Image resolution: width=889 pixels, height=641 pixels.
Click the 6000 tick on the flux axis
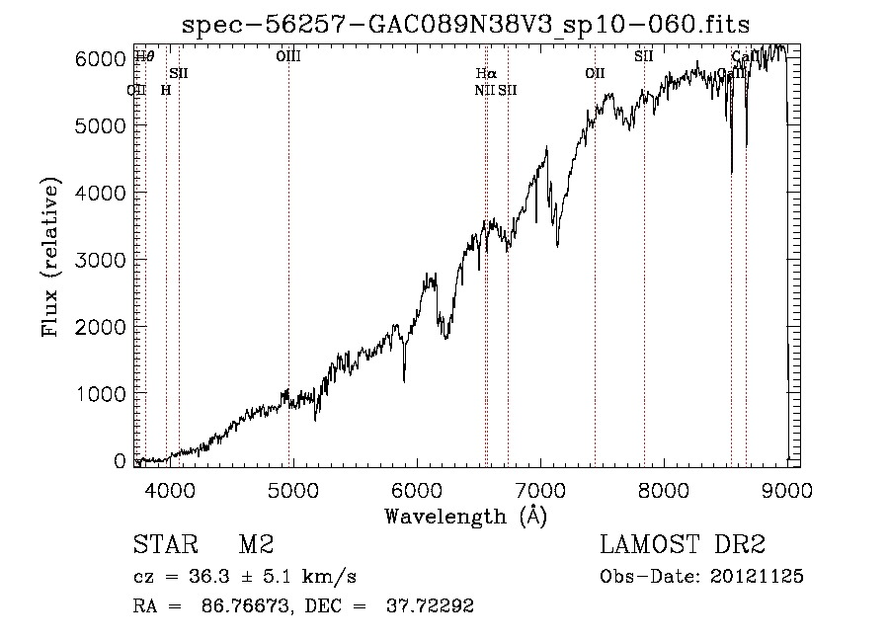[x=102, y=59]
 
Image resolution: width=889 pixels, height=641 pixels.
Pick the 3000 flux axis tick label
[x=102, y=260]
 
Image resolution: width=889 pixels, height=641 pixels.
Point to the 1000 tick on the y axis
[x=102, y=394]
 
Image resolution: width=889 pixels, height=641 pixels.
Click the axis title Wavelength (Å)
[x=465, y=515]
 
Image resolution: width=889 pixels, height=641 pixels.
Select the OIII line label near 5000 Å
[x=288, y=56]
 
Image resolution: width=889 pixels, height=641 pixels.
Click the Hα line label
[x=485, y=73]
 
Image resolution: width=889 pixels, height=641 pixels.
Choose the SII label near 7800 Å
[x=644, y=56]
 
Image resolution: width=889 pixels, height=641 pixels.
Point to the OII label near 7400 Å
[x=595, y=73]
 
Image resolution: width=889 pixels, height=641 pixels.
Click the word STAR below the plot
[x=164, y=545]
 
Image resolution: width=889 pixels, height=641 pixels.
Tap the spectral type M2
[x=256, y=545]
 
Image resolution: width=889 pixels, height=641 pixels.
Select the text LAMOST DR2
[x=683, y=545]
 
